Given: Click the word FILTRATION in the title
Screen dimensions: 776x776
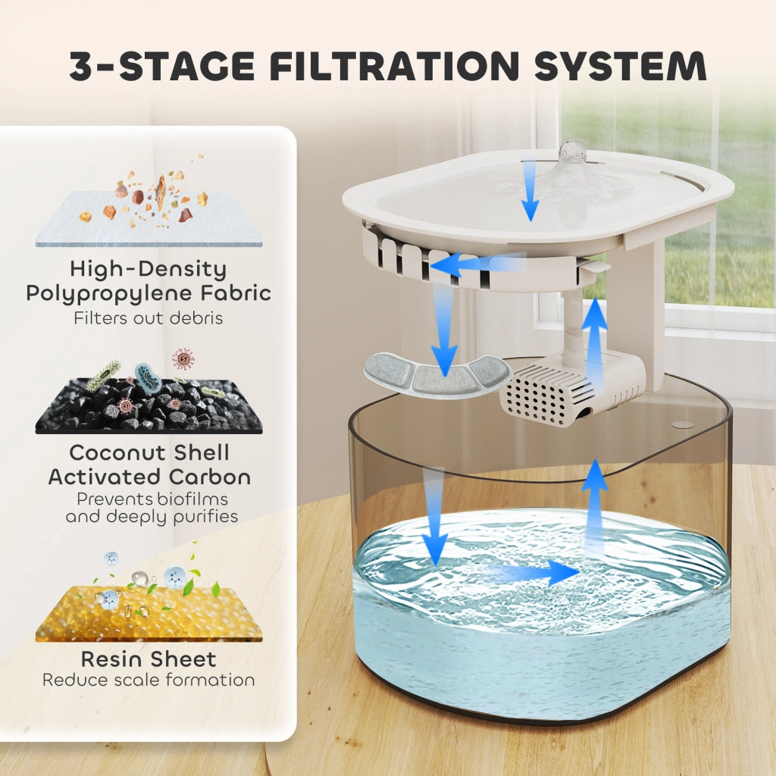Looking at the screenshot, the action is tap(394, 66).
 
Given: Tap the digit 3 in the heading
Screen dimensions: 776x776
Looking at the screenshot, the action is tap(82, 66).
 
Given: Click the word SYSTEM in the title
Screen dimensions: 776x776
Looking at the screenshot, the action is tap(621, 66).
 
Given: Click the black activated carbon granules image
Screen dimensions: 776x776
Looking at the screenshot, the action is tap(149, 406).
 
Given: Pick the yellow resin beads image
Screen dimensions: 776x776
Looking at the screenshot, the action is tap(149, 614).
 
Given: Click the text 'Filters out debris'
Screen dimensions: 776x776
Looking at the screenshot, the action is tap(149, 318).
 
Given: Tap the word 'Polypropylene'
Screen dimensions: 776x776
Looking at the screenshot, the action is tap(108, 294).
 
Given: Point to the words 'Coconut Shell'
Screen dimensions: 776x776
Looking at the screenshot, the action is tap(149, 453).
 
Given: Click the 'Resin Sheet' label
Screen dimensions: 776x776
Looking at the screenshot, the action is tap(149, 659).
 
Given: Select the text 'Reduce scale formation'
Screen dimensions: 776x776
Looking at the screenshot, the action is tap(149, 680).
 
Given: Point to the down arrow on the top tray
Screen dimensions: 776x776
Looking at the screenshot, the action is tap(530, 189).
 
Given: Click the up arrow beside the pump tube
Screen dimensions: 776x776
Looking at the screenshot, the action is tap(594, 336).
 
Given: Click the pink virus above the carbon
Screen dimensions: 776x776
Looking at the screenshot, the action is tap(183, 358).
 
